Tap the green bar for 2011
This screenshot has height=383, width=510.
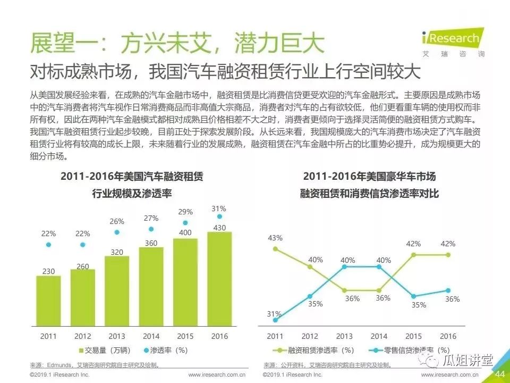(x=48, y=301)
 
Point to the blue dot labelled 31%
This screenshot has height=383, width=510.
(x=219, y=217)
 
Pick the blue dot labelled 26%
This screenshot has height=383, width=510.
(x=117, y=232)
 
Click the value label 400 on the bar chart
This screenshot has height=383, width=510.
(x=185, y=232)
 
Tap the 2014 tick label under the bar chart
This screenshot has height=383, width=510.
(x=151, y=336)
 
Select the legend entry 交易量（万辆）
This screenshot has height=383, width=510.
(x=105, y=350)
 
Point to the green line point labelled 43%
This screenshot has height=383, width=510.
(x=275, y=248)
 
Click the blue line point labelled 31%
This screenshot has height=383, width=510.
(x=275, y=320)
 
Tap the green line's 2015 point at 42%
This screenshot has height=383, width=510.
(x=413, y=255)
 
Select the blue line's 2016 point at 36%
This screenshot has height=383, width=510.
(x=448, y=290)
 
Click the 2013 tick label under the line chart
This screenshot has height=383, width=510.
(x=344, y=336)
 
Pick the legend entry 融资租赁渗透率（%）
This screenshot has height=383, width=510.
(x=316, y=350)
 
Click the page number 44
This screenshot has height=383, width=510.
(x=499, y=374)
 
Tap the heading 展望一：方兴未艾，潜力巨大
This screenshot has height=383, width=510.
(x=176, y=43)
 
